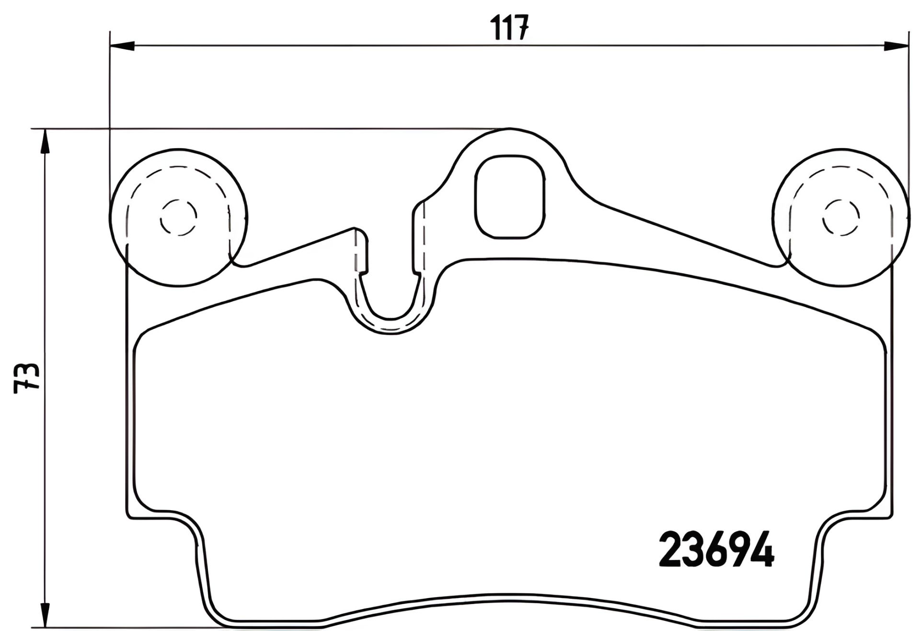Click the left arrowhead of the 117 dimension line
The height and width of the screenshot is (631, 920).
click(122, 46)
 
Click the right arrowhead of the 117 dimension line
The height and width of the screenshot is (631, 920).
click(896, 46)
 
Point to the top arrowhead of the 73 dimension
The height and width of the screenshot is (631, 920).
click(44, 141)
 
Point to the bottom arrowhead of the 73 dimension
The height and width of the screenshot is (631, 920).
click(44, 615)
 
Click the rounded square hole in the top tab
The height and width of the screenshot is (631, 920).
click(510, 197)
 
